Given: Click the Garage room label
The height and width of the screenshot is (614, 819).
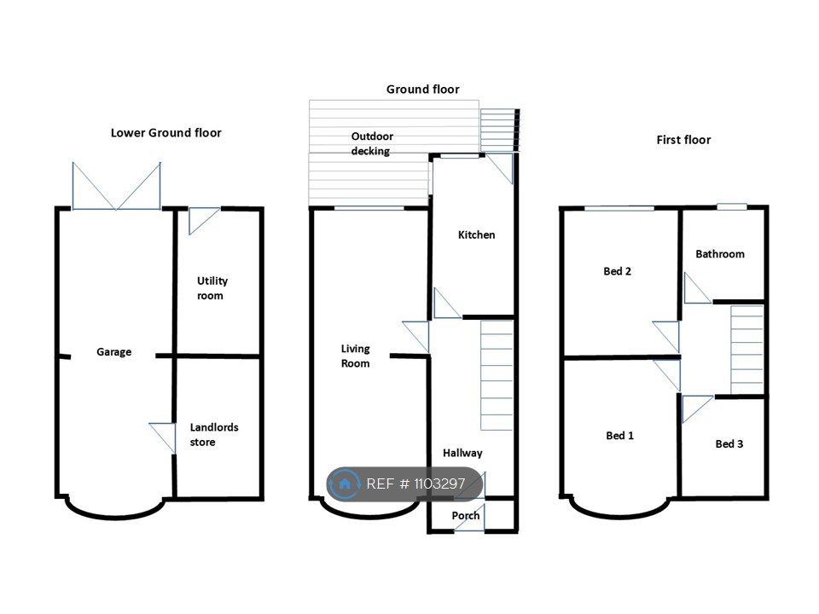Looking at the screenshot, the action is click(x=113, y=352).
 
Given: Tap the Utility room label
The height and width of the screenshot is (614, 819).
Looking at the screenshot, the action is click(x=212, y=288).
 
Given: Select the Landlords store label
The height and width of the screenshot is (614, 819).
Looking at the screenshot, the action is click(x=214, y=435).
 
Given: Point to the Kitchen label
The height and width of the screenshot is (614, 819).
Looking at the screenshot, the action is click(x=476, y=235).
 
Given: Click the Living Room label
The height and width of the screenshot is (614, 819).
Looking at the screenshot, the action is click(x=355, y=356).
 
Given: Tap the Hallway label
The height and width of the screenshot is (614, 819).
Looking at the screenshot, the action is click(x=462, y=453).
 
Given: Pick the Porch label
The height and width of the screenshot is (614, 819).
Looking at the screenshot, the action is click(x=466, y=516).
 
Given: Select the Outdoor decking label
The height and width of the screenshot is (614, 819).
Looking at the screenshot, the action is click(x=372, y=143).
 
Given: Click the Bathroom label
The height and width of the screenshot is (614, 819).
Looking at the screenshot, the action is click(x=720, y=254).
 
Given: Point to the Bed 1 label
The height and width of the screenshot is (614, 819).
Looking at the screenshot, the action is click(x=620, y=436).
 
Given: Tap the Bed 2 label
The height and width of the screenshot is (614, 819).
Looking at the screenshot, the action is click(x=618, y=271).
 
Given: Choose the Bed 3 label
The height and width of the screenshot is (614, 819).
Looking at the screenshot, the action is click(x=729, y=443).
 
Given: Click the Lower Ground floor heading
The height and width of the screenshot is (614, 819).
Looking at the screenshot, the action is click(x=166, y=133).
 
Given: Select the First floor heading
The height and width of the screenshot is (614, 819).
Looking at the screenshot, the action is click(x=683, y=140).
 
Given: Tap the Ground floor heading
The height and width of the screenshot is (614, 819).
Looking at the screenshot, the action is click(x=423, y=90).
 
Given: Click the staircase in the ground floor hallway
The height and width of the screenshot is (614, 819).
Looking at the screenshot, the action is click(x=497, y=375).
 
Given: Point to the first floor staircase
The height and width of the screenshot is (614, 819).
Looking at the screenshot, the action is click(x=747, y=350).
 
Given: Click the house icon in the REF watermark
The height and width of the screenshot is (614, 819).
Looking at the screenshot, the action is click(x=345, y=484).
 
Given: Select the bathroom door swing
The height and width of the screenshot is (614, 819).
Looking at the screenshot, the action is click(x=696, y=289).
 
